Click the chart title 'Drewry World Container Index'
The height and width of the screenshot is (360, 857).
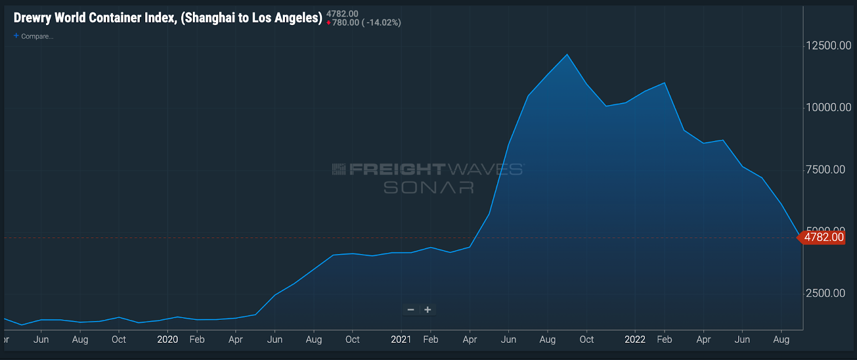167,18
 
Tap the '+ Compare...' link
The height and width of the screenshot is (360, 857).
34,36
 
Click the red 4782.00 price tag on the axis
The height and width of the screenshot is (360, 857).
823,237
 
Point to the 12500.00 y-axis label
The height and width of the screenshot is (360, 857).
828,46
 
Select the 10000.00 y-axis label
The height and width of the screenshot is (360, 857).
828,108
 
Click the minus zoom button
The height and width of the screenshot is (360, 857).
411,310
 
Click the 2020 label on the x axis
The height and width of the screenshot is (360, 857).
167,340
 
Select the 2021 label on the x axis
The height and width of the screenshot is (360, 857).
401,340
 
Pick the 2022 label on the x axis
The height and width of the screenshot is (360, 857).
635,340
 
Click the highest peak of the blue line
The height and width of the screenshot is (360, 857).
567,55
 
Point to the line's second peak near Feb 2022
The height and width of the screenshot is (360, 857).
665,83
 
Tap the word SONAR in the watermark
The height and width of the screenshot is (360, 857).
428,187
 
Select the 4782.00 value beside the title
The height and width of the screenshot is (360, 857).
342,14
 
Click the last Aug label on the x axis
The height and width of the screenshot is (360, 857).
781,340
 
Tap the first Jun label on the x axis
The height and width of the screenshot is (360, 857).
41,340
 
